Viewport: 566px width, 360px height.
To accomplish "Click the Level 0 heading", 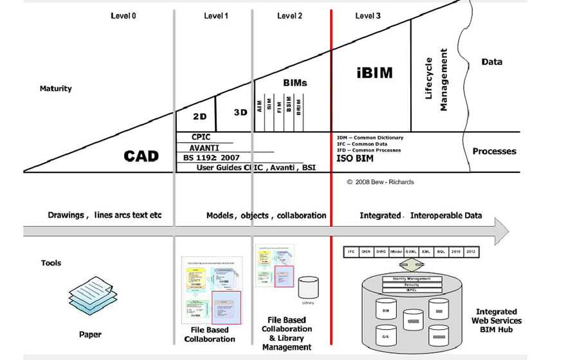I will tap(123, 15).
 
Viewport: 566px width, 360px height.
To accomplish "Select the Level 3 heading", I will tap(367, 15).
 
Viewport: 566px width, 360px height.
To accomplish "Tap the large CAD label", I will tap(141, 156).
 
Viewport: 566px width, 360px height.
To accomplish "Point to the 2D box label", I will tap(199, 118).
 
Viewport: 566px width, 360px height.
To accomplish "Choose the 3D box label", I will tap(241, 113).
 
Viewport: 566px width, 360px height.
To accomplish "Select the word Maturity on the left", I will tap(56, 89).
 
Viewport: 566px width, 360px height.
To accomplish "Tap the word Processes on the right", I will tap(494, 151).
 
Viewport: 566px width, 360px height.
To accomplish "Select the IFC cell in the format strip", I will tap(351, 252).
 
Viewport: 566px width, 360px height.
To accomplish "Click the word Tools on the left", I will tap(51, 263).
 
